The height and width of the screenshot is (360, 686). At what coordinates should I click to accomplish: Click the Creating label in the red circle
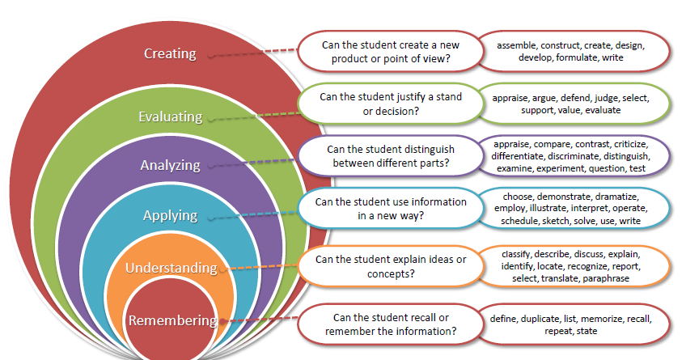tap(170, 54)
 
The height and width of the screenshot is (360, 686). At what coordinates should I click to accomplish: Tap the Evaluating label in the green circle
tap(170, 116)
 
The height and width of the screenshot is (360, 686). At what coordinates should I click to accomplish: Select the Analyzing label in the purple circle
tap(170, 165)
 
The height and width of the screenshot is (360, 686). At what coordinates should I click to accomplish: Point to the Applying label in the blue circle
tap(170, 215)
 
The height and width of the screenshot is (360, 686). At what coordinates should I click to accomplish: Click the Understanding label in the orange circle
tap(171, 267)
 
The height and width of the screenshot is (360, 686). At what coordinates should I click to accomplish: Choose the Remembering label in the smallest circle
tap(172, 320)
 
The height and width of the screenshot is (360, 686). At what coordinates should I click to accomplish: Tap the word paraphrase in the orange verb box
tap(602, 278)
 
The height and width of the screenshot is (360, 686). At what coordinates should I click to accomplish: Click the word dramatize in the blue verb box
tap(617, 197)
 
